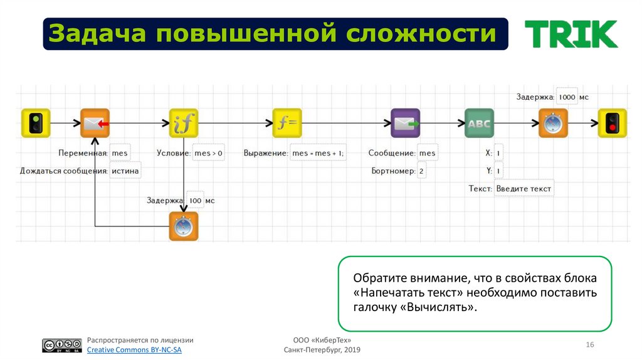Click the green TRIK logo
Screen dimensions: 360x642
(571, 34)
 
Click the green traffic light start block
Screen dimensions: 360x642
(36, 123)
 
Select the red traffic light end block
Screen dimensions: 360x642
(611, 123)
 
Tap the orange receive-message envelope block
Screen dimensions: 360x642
(95, 123)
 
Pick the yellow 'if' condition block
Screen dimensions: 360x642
(184, 123)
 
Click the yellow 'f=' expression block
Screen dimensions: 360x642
(287, 123)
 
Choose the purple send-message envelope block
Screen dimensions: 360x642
(406, 123)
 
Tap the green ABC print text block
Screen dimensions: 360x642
(479, 123)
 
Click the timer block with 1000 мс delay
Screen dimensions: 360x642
(553, 123)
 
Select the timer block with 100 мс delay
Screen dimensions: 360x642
(183, 226)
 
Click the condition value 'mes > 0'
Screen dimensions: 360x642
(209, 153)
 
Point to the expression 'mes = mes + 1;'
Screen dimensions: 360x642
(318, 153)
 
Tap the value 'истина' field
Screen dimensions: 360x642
(125, 171)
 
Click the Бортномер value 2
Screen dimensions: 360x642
(421, 171)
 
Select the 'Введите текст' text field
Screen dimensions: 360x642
(524, 188)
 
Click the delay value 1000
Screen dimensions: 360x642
(566, 97)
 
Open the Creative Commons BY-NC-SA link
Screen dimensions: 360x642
(134, 350)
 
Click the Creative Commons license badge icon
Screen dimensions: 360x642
(62, 346)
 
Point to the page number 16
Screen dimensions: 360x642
(589, 346)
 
